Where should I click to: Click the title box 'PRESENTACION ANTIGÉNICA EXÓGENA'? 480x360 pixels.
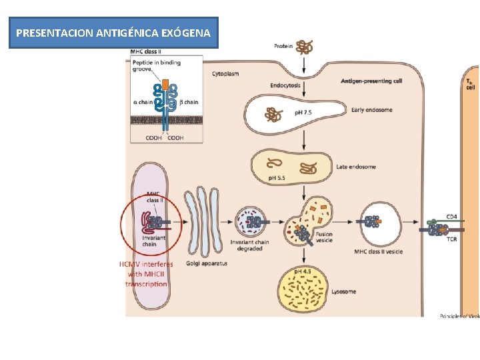(113, 33)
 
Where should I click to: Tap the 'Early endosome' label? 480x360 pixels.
(371, 110)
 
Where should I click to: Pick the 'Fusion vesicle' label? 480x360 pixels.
(325, 238)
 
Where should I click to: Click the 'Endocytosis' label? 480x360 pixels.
(285, 85)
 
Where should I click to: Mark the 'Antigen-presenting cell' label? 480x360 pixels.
(371, 81)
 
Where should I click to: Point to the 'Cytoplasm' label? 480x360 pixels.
(226, 73)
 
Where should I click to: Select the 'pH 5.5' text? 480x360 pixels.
(277, 177)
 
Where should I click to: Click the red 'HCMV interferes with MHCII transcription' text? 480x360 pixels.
(146, 274)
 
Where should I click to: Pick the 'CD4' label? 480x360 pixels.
(451, 217)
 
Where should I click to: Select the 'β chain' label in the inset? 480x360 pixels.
(191, 102)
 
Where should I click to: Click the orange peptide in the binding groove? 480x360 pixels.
(165, 85)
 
